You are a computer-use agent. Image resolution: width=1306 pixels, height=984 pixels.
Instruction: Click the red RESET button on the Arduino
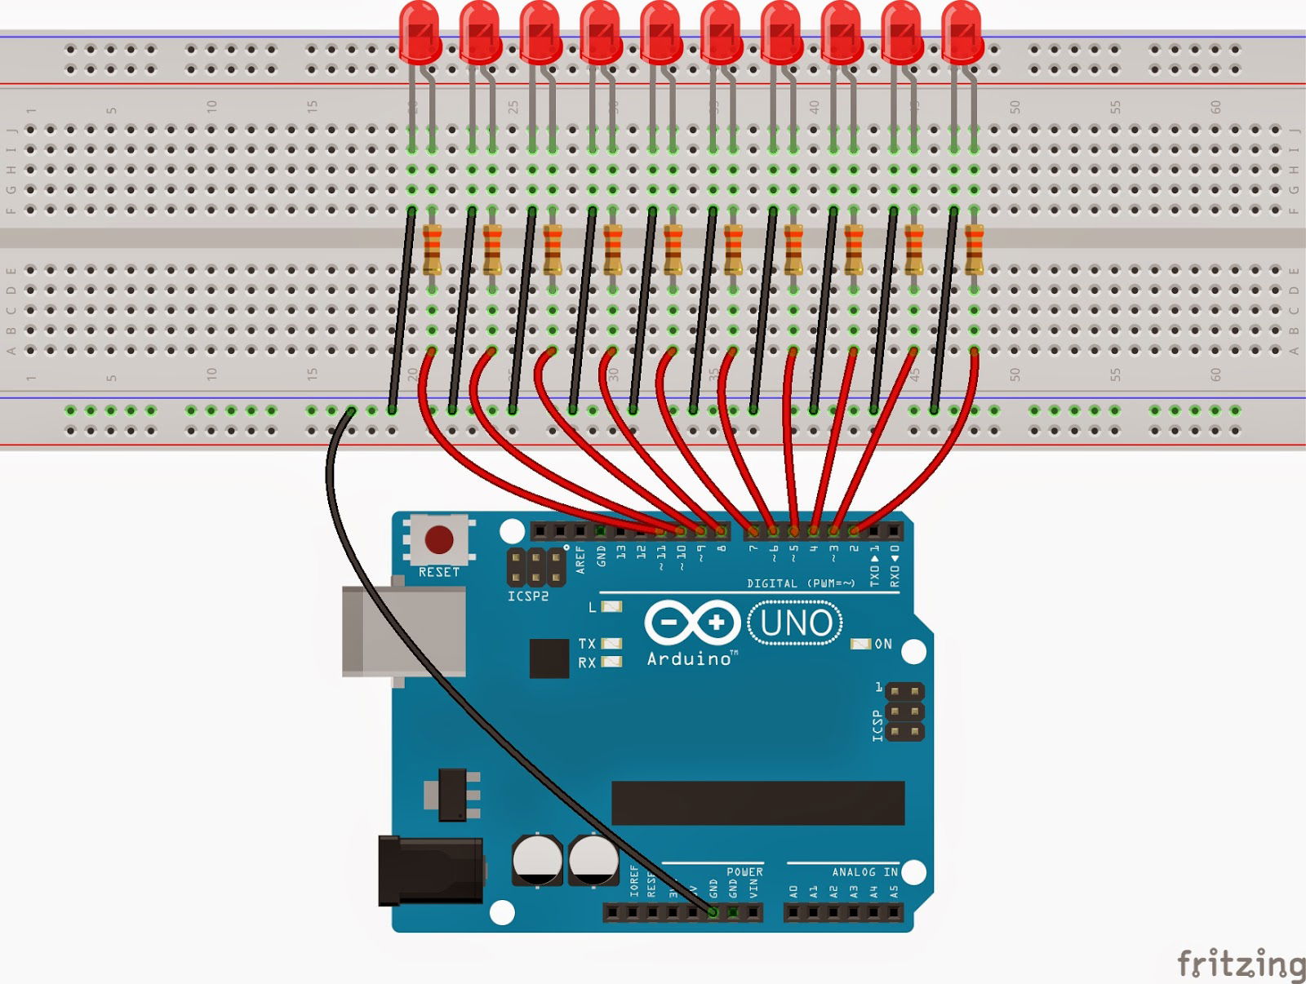coord(439,539)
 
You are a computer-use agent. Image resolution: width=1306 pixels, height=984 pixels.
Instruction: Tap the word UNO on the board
coord(796,623)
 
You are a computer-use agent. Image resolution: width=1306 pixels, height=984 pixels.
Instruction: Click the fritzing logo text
coord(1240,964)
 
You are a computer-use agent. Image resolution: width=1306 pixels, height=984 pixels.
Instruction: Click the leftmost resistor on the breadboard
coord(432,250)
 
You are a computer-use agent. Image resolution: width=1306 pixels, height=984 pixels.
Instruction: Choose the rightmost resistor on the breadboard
coord(974,250)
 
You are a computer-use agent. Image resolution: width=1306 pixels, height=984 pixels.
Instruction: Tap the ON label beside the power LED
coord(883,644)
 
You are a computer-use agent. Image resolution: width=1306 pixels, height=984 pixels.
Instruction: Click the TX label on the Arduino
coord(587,644)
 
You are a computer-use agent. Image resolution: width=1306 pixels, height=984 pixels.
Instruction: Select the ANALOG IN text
coord(864,872)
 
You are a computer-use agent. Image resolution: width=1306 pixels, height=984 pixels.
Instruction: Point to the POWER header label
coord(744,872)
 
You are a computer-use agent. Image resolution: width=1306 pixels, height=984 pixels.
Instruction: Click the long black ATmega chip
coord(757,803)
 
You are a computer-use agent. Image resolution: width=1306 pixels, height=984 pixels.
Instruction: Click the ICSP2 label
coord(528,596)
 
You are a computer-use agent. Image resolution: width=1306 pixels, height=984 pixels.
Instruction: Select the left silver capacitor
coord(536,859)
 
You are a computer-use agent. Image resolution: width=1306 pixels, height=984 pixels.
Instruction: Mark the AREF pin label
coord(580,560)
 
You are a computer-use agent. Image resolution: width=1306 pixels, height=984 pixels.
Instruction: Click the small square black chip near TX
coord(549,658)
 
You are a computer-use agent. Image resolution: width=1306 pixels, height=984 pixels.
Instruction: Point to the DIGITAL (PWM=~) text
coord(801,583)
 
